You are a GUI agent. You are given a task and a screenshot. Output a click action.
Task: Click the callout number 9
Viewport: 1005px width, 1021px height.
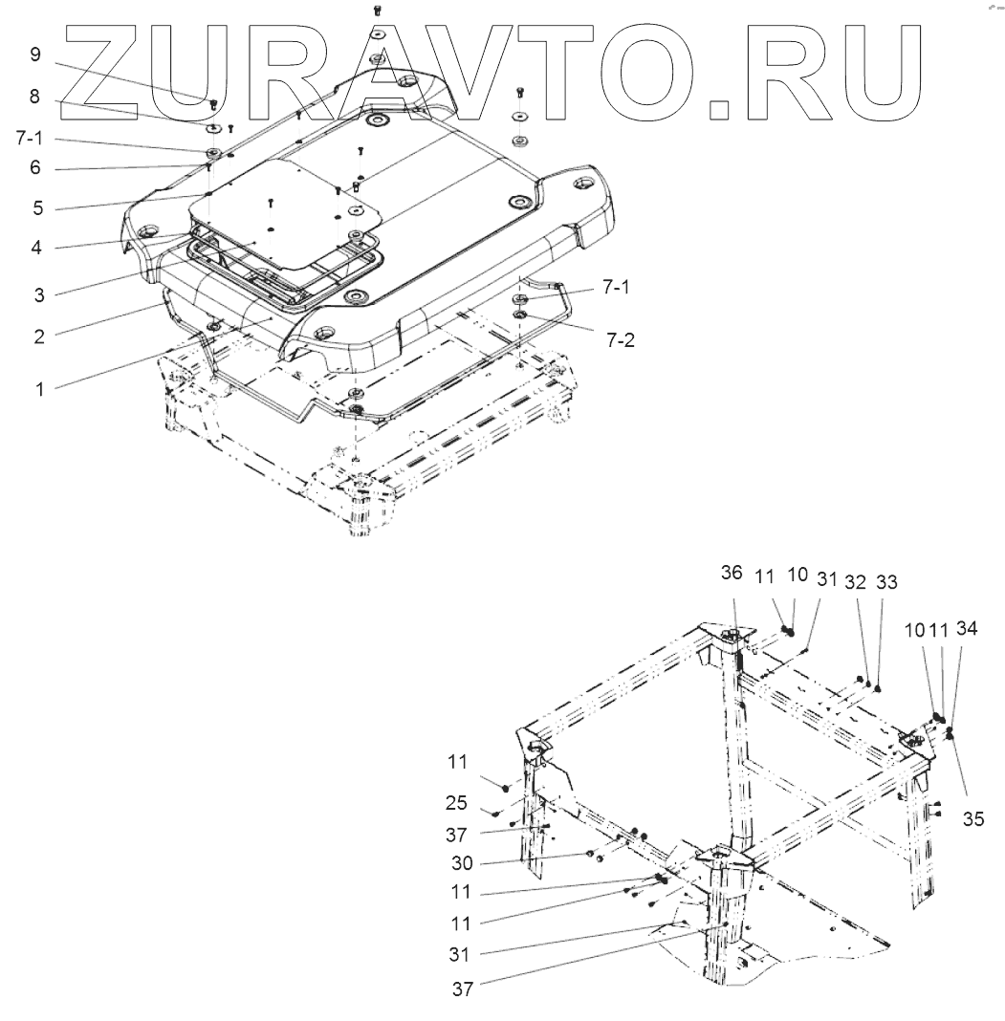(x=35, y=54)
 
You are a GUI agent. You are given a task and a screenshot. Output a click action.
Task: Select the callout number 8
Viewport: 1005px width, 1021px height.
(x=35, y=96)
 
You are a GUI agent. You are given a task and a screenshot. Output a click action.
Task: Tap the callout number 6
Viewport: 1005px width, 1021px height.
(x=35, y=168)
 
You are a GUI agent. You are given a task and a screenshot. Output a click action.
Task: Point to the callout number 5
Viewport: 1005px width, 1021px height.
(x=35, y=207)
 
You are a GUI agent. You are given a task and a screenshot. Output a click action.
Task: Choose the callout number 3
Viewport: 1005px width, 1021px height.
(x=35, y=295)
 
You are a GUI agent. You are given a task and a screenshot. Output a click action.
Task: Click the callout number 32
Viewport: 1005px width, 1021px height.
(x=857, y=581)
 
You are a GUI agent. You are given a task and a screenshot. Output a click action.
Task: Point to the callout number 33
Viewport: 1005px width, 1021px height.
(x=887, y=581)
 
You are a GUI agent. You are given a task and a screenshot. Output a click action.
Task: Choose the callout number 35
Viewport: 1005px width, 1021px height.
(x=972, y=819)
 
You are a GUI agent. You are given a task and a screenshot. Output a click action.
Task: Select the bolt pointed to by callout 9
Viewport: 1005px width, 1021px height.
(x=213, y=103)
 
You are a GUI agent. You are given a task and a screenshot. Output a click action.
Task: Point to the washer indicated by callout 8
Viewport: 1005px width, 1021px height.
(x=214, y=126)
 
